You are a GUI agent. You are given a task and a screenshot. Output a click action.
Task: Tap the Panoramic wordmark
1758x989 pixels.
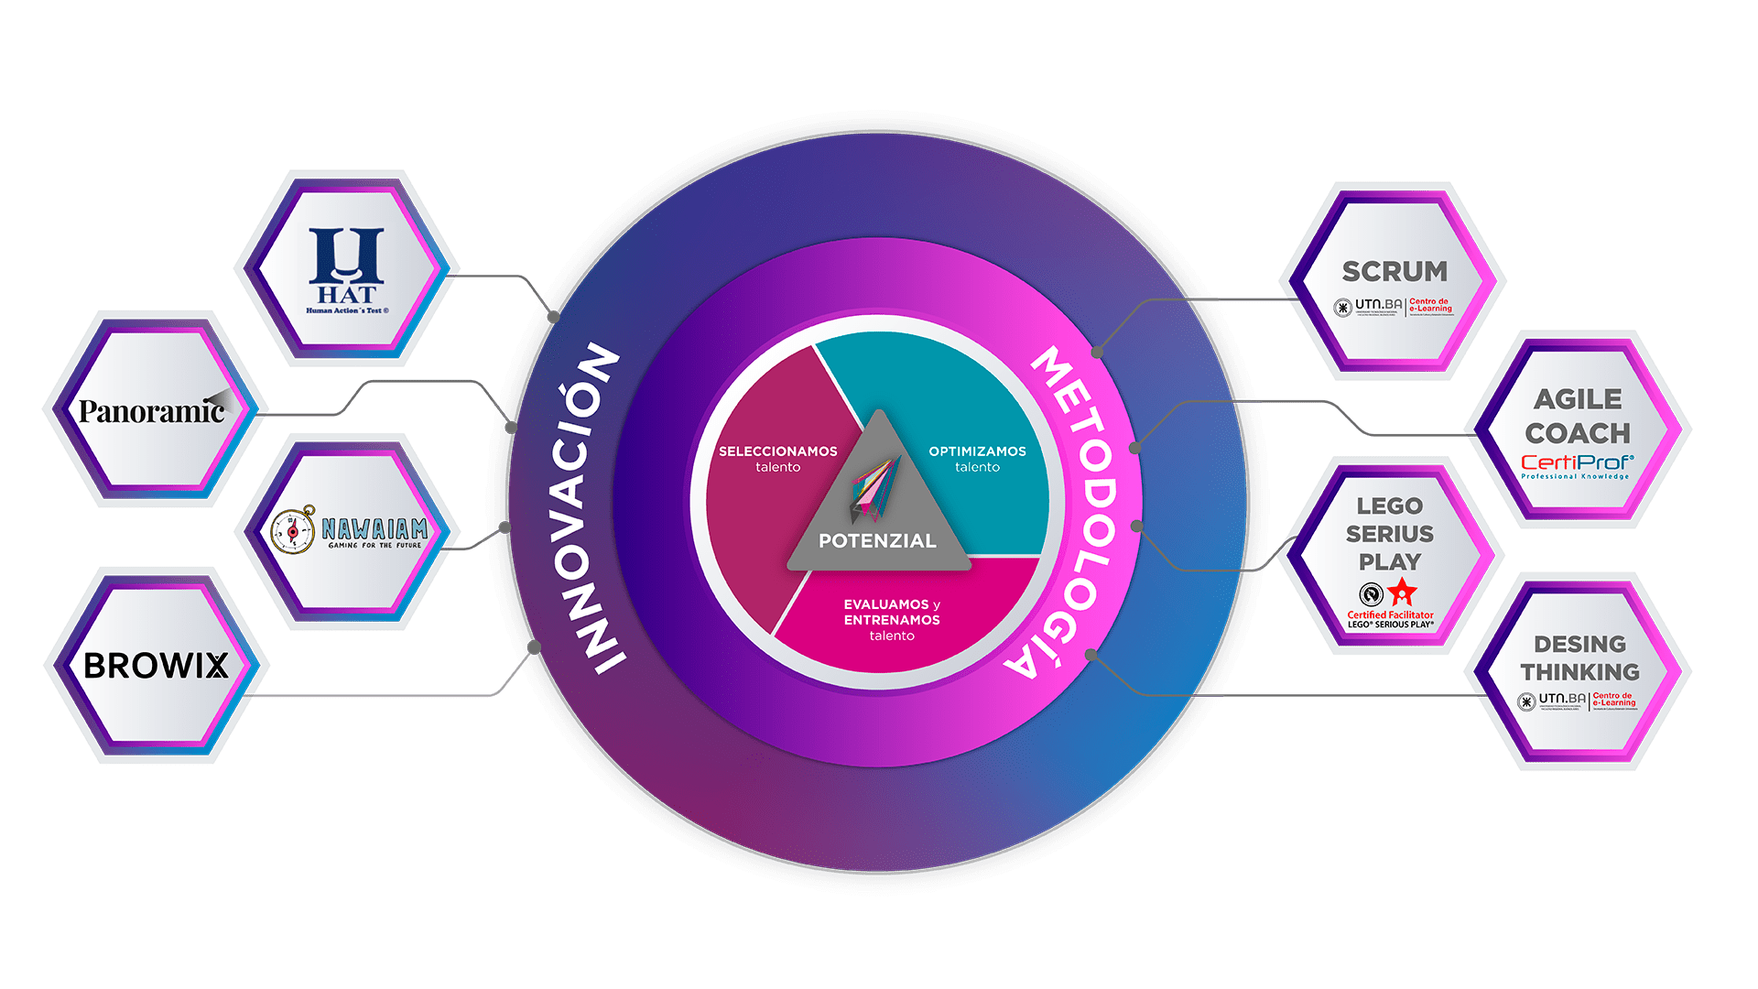pyautogui.click(x=151, y=411)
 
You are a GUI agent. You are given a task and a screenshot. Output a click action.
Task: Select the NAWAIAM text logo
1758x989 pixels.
pyautogui.click(x=374, y=529)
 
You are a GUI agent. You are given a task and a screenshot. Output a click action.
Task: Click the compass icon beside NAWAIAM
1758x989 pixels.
pyautogui.click(x=293, y=530)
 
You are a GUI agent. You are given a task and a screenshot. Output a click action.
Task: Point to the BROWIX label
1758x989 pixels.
pyautogui.click(x=156, y=666)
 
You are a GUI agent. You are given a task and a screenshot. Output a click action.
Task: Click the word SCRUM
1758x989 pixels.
pyautogui.click(x=1394, y=271)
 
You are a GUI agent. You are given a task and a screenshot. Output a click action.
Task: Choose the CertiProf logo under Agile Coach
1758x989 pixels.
pyautogui.click(x=1577, y=465)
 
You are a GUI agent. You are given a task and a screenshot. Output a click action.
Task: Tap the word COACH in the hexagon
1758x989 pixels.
pyautogui.click(x=1578, y=433)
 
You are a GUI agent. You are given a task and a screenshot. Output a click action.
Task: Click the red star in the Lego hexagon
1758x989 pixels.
pyautogui.click(x=1402, y=592)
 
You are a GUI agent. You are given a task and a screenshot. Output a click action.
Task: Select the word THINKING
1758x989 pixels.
pyautogui.click(x=1579, y=672)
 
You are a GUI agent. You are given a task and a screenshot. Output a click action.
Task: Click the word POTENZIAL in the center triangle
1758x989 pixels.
pyautogui.click(x=877, y=541)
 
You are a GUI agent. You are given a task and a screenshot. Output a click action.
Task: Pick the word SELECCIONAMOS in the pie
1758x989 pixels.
pyautogui.click(x=777, y=451)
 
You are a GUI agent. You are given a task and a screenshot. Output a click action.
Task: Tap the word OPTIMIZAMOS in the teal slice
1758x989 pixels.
pyautogui.click(x=977, y=451)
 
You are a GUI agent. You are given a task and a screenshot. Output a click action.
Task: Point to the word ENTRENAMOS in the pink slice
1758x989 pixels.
pyautogui.click(x=892, y=620)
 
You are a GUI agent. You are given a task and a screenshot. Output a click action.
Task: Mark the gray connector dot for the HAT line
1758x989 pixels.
pyautogui.click(x=553, y=317)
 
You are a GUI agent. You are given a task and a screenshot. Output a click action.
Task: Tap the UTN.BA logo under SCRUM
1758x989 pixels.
pyautogui.click(x=1369, y=306)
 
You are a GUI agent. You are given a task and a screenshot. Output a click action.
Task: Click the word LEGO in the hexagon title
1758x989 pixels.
pyautogui.click(x=1389, y=505)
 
